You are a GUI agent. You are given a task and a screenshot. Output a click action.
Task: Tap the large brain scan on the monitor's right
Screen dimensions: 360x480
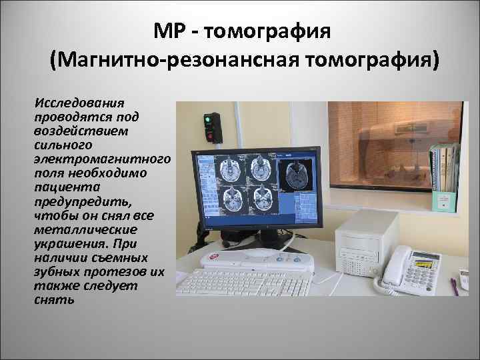click(x=295, y=175)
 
